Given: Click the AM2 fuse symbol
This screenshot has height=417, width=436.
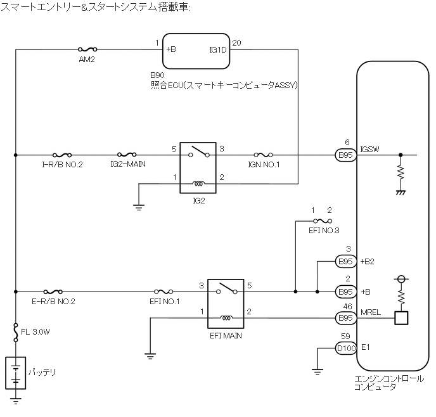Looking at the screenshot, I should pyautogui.click(x=86, y=48).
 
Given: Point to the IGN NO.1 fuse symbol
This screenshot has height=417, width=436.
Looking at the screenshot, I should pyautogui.click(x=263, y=154).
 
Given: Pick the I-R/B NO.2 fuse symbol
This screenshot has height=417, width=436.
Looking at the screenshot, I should pyautogui.click(x=62, y=154).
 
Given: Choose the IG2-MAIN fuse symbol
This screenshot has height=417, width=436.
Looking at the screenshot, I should pyautogui.click(x=128, y=154).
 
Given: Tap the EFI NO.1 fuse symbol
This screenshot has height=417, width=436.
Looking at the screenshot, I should pyautogui.click(x=165, y=292).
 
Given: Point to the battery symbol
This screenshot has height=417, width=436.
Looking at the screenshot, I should pyautogui.click(x=15, y=374).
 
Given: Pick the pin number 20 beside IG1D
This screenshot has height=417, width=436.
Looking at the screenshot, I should pyautogui.click(x=236, y=42).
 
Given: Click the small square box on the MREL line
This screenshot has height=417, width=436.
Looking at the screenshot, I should pyautogui.click(x=401, y=318).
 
